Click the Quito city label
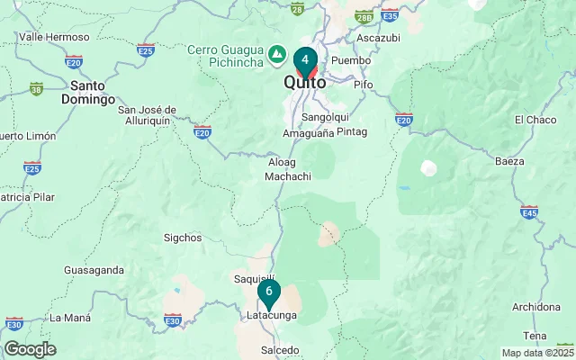[305, 82]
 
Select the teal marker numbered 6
[268, 292]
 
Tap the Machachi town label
[288, 176]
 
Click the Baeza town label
[509, 161]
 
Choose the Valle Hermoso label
[53, 37]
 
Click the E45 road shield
[529, 211]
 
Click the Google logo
[29, 349]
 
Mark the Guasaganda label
[94, 270]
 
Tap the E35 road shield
[390, 15]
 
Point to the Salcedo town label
[279, 349]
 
